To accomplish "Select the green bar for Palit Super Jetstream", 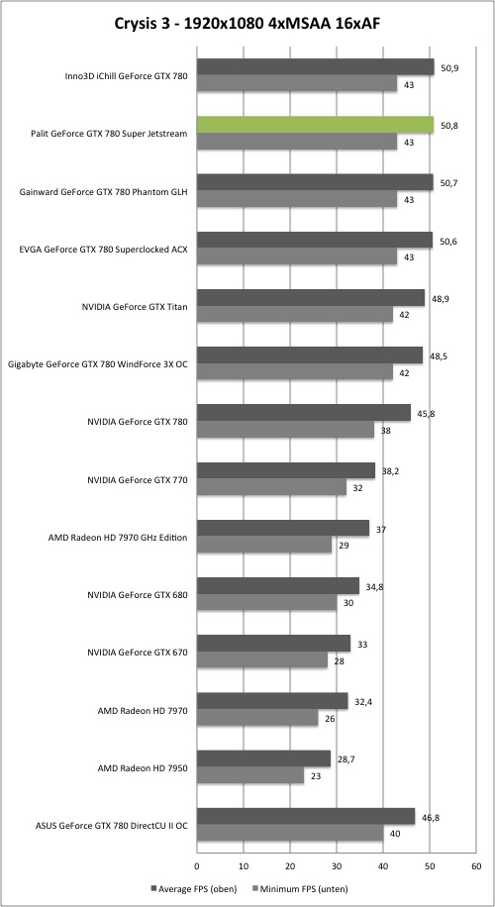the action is pos(315,125).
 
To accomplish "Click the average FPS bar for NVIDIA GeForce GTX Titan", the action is pos(311,298).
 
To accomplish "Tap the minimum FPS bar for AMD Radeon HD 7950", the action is pos(250,775).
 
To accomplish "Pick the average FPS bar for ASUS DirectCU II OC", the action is pos(306,816).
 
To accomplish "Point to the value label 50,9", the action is pos(449,67).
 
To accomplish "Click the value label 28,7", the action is pos(346,759).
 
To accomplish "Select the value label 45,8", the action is pos(426,414).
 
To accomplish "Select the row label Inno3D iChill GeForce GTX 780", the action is pos(127,76).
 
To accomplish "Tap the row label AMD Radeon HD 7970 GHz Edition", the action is pos(119,538).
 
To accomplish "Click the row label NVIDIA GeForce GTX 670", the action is pos(137,653).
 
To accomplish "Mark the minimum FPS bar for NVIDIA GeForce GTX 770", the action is pos(272,487).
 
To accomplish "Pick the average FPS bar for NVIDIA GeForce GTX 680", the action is pos(278,586).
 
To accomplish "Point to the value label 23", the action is pos(315,776).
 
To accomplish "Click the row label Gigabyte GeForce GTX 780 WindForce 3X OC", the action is pos(98,364).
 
